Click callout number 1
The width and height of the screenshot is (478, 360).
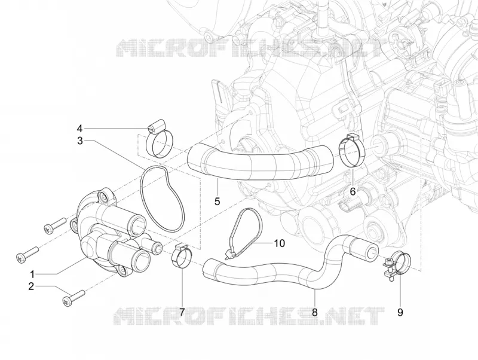pos(32,274)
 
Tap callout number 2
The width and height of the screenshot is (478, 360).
pos(31,286)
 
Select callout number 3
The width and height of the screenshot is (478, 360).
pos(80,141)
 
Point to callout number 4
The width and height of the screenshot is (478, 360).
pos(79,128)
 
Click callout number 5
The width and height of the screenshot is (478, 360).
pos(217,202)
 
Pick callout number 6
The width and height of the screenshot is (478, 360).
pos(353,191)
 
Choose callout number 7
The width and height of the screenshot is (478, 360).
pos(182,312)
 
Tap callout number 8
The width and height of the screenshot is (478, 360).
pos(315,312)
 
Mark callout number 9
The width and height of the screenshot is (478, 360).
pos(400,312)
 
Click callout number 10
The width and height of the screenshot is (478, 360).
pos(279,243)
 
